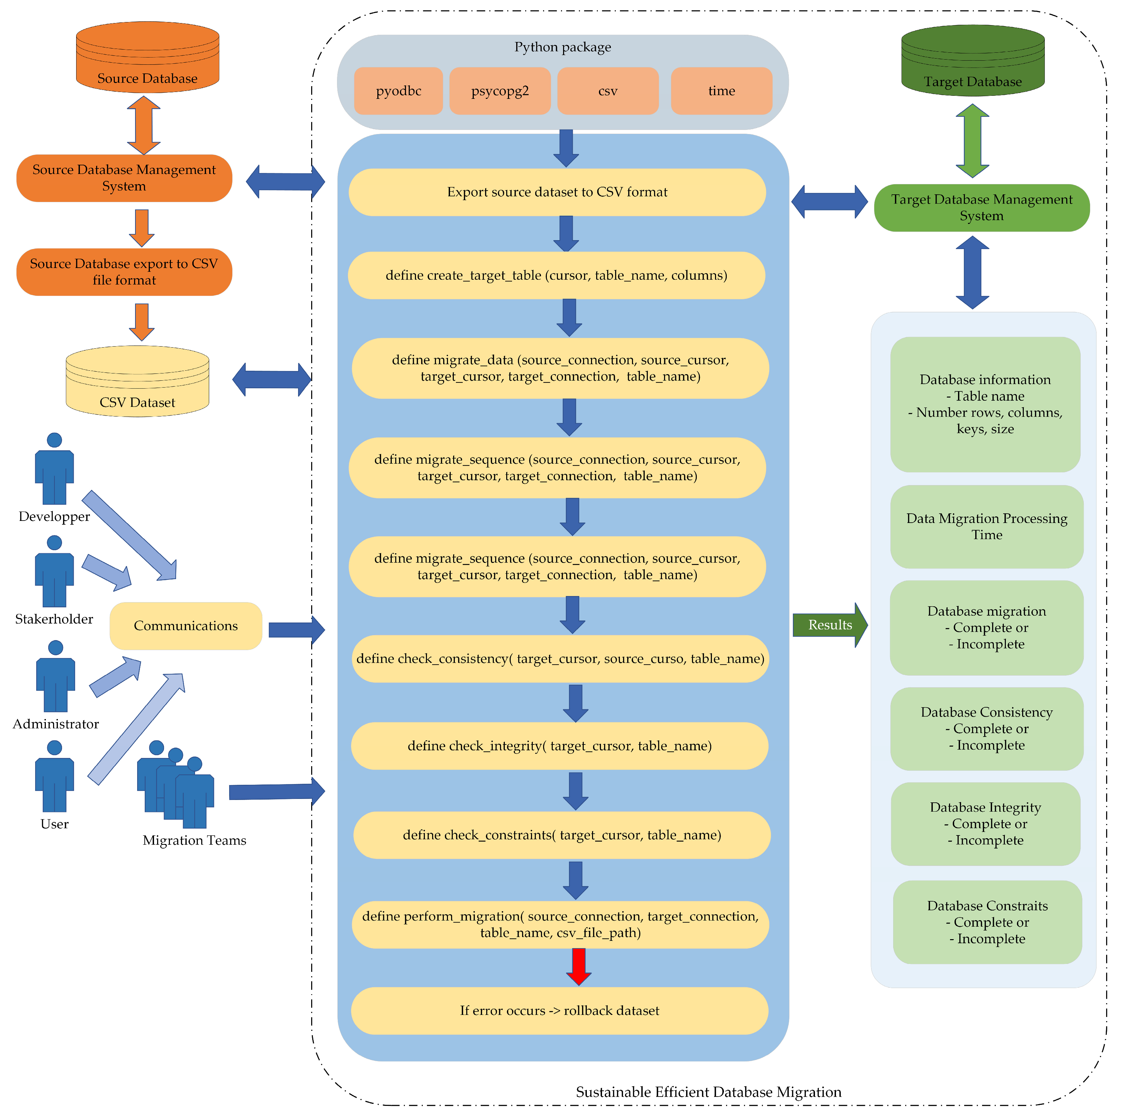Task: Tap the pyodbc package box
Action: (x=398, y=91)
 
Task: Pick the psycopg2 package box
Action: (x=500, y=91)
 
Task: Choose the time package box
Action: (x=721, y=91)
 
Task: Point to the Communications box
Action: (x=186, y=626)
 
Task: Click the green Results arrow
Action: (x=829, y=625)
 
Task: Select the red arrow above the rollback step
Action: (x=579, y=966)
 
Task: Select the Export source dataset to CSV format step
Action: (x=557, y=192)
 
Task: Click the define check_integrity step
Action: (x=559, y=746)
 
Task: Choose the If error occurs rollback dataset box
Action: (x=559, y=1011)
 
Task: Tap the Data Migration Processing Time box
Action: (x=987, y=527)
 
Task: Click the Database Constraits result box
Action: (x=987, y=922)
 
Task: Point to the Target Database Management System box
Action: (x=981, y=208)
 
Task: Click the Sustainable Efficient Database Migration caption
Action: (x=708, y=1092)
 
